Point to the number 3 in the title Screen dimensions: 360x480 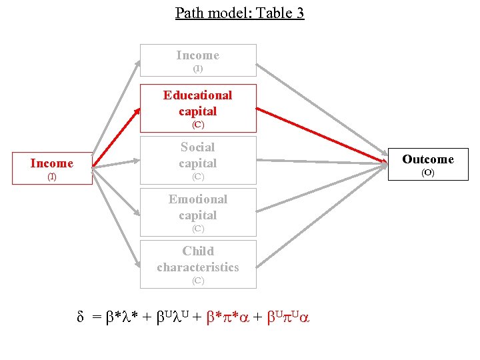299,13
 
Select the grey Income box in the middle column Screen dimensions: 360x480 198,61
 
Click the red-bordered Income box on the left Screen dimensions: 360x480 51,167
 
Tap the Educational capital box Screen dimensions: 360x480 198,108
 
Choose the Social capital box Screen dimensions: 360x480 198,160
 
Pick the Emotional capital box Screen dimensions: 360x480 198,212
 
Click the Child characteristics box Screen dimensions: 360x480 198,264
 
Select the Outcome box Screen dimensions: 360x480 427,164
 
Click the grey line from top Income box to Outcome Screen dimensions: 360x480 320,111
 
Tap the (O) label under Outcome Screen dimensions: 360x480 427,173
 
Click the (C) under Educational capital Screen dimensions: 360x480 198,125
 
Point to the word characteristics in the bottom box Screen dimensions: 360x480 198,267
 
